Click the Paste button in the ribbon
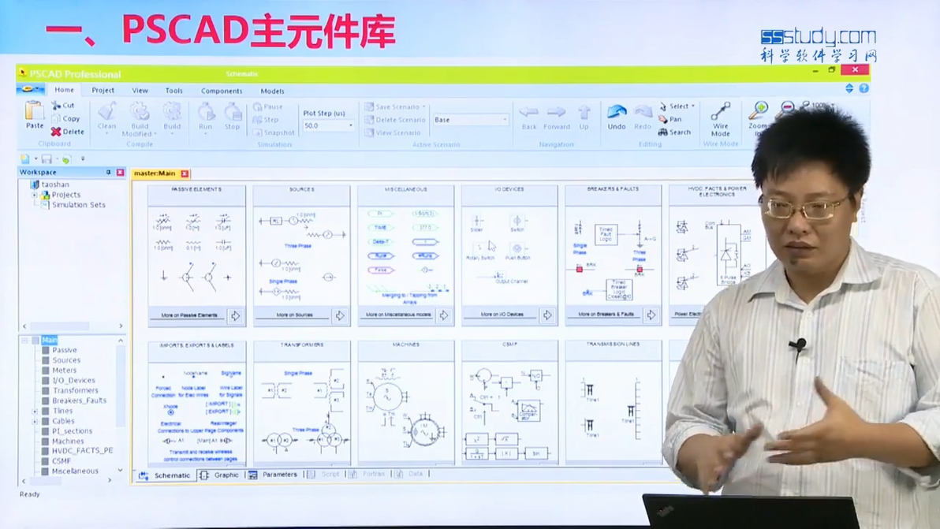tap(34, 115)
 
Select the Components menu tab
tap(222, 91)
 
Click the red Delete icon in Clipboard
tap(56, 132)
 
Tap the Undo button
tap(617, 116)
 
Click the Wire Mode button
tap(720, 119)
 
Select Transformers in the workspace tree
tap(76, 390)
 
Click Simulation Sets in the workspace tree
tap(78, 205)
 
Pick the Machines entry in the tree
tap(68, 441)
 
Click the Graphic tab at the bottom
tap(226, 475)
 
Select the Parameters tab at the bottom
tap(279, 475)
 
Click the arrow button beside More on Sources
tap(340, 315)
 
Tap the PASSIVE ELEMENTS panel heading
tap(196, 190)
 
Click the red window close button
tap(854, 70)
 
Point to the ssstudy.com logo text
tap(818, 37)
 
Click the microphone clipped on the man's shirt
tap(800, 345)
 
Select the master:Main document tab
tap(155, 173)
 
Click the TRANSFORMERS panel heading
tap(301, 345)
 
